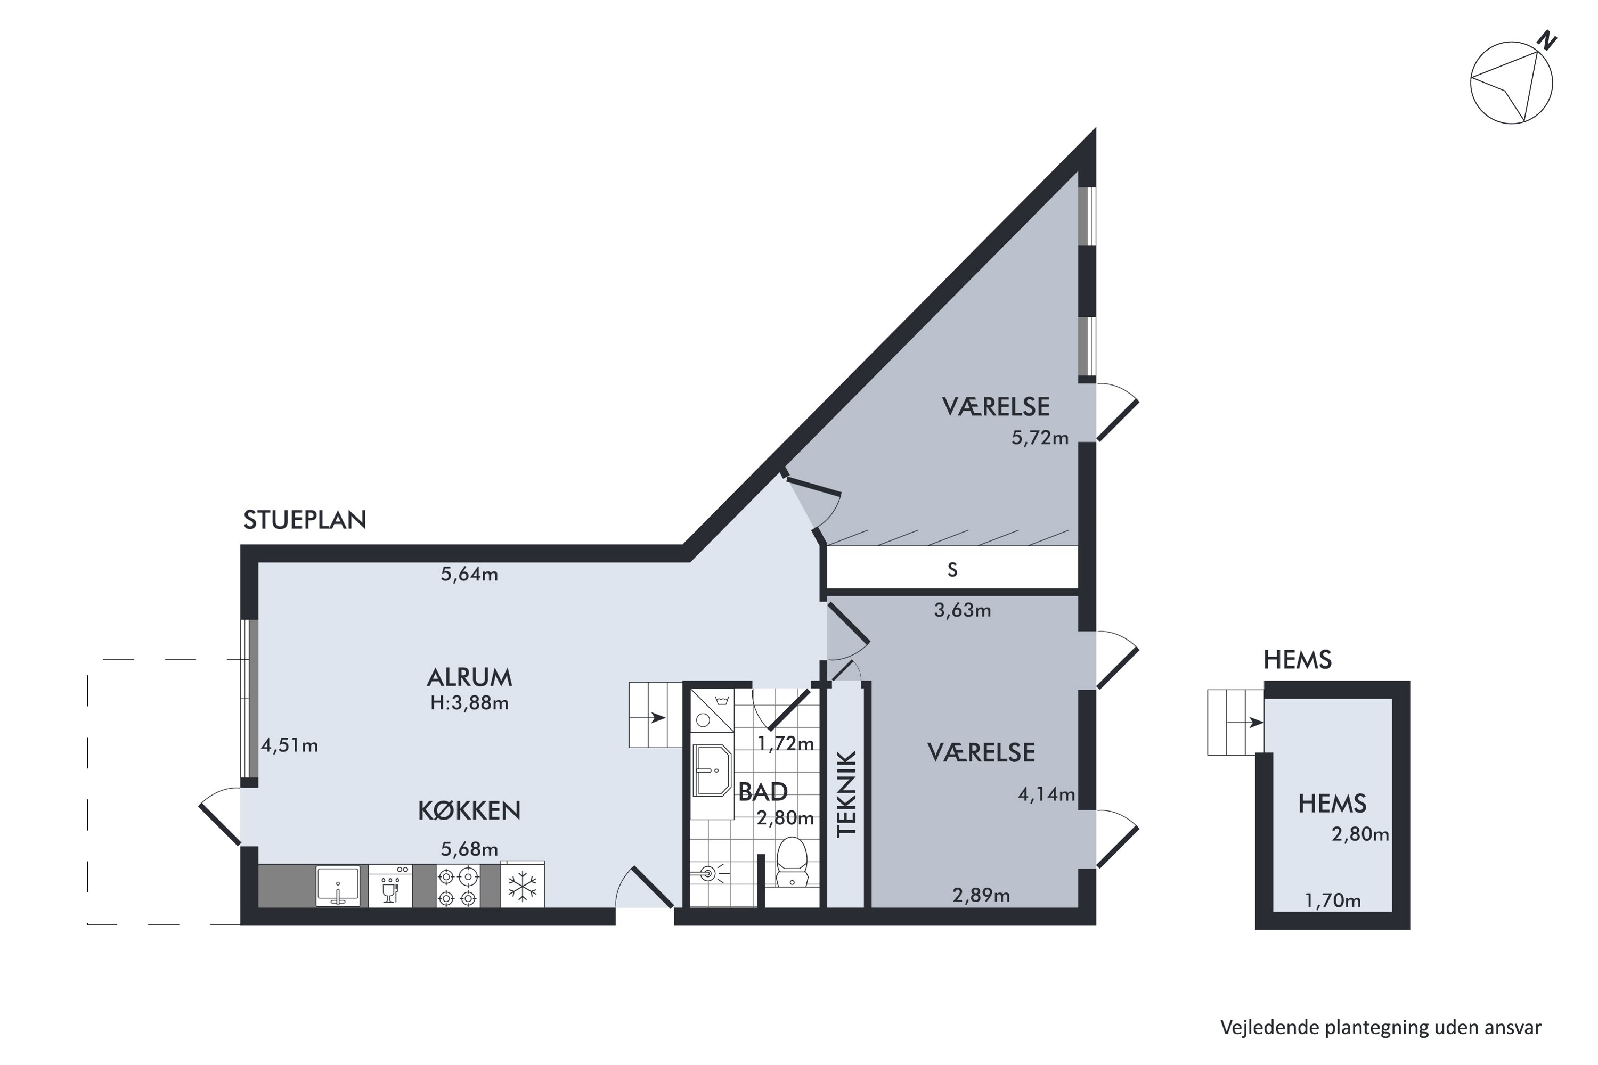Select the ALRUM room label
(x=469, y=677)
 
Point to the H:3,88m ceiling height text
(x=469, y=703)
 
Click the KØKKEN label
(x=469, y=810)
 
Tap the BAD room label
(x=762, y=792)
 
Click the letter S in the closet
(x=952, y=570)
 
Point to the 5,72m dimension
(x=1040, y=438)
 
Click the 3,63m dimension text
(x=962, y=611)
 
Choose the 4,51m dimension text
(x=289, y=746)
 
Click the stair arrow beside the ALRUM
(x=656, y=717)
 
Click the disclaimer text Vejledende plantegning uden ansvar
(x=1381, y=1028)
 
